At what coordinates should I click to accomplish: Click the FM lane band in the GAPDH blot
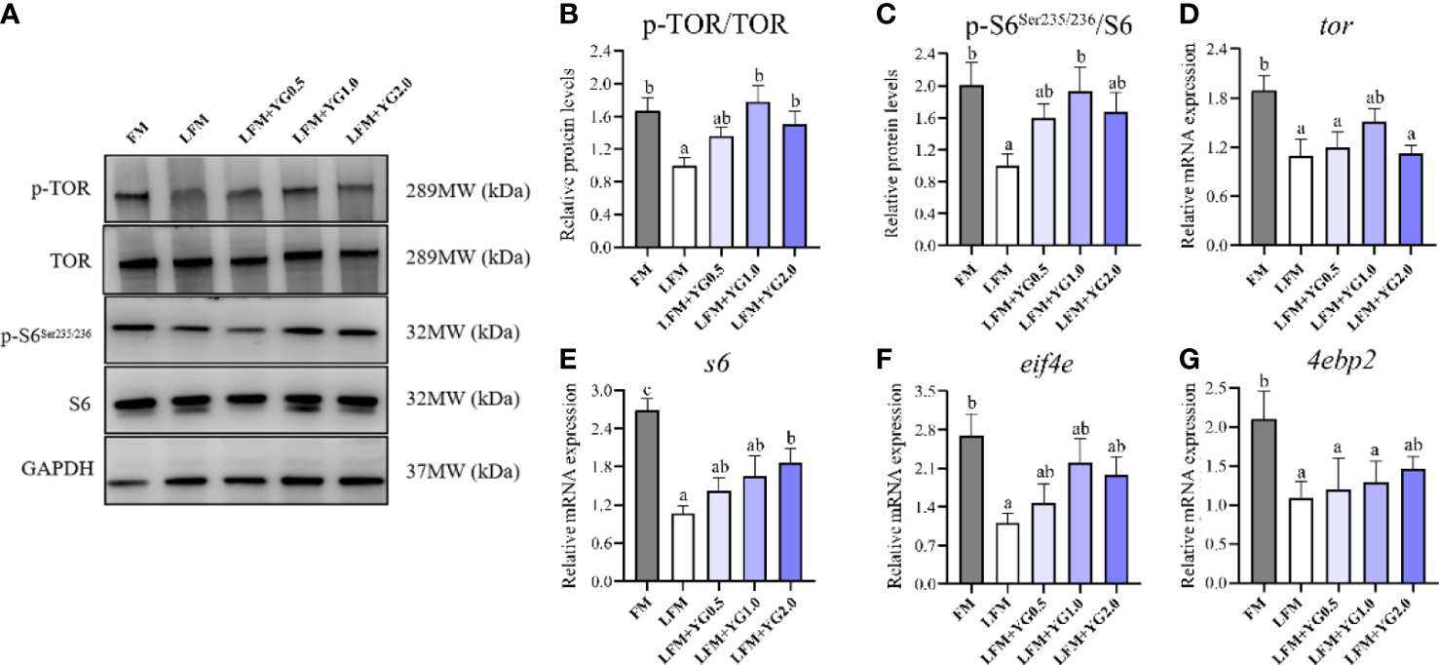pos(127,481)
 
